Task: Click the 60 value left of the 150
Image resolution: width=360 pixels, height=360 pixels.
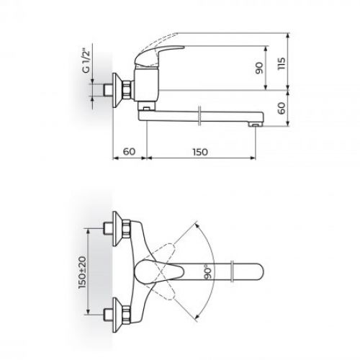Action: (x=130, y=151)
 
